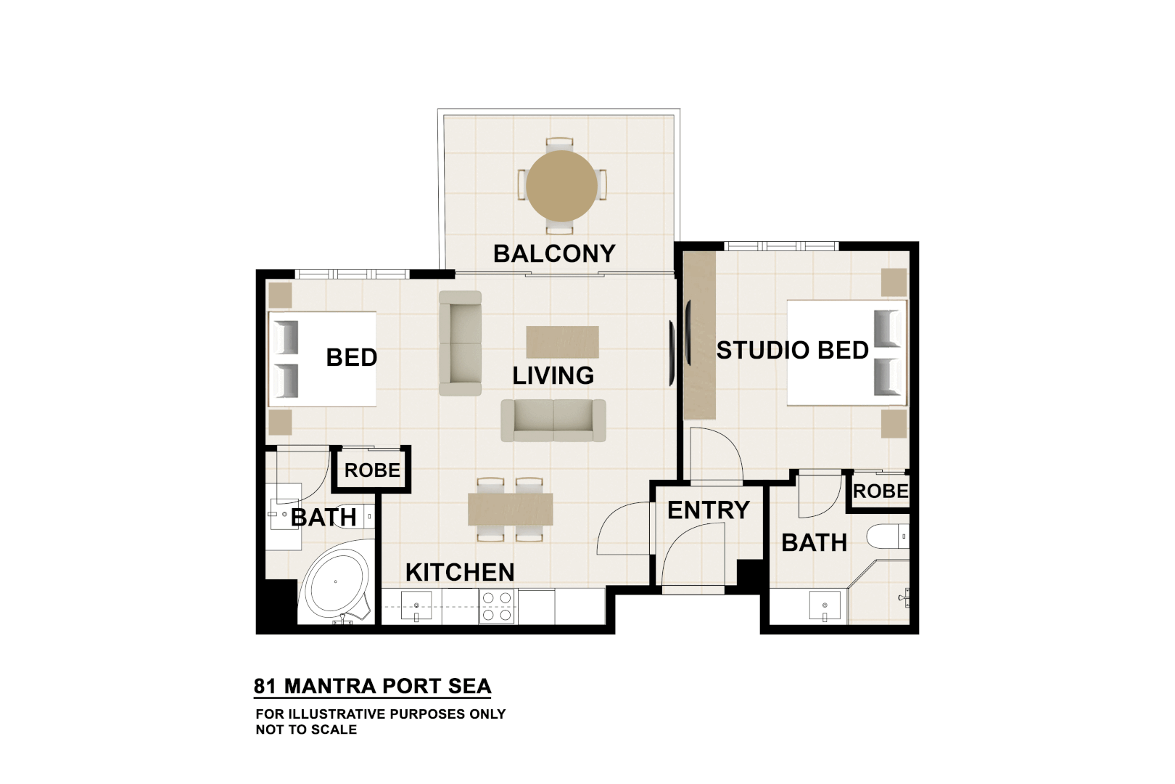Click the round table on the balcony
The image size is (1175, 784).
(x=561, y=186)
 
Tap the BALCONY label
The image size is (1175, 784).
(x=554, y=253)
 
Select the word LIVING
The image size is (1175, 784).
(x=553, y=375)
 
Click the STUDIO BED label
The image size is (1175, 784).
(x=792, y=350)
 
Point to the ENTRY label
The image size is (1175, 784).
(x=708, y=510)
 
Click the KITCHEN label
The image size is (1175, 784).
(x=460, y=572)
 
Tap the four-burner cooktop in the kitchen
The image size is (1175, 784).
(x=497, y=606)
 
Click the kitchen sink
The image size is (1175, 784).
(x=416, y=606)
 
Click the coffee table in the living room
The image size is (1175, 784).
(x=562, y=342)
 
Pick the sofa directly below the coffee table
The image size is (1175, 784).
(x=553, y=420)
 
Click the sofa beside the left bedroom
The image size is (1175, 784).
(x=460, y=343)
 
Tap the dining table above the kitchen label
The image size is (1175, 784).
(x=510, y=509)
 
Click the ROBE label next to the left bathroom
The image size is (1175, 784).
(x=372, y=470)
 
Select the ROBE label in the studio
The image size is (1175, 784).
(x=881, y=491)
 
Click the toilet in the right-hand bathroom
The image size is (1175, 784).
(x=889, y=536)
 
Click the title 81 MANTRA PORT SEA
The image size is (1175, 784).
(x=372, y=686)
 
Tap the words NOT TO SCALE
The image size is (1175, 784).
(x=306, y=730)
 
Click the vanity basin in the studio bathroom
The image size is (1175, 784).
(x=825, y=605)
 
